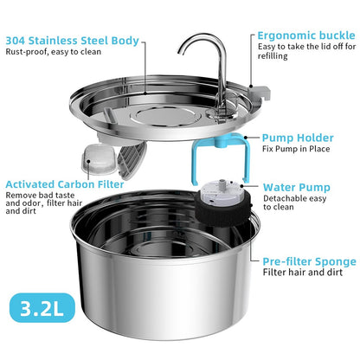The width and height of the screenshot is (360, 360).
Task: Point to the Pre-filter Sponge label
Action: point(309,261)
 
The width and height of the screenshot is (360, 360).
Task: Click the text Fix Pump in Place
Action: point(295,150)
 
